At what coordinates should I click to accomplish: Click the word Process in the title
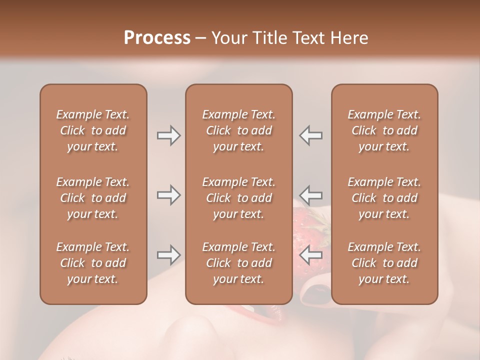pyautogui.click(x=157, y=38)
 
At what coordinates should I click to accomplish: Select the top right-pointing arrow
pyautogui.click(x=168, y=135)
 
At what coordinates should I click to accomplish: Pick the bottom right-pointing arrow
pyautogui.click(x=168, y=255)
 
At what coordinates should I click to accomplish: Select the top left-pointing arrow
pyautogui.click(x=311, y=135)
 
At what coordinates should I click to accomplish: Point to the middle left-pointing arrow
pyautogui.click(x=311, y=194)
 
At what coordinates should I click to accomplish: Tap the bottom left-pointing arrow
pyautogui.click(x=311, y=255)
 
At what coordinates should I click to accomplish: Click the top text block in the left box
pyautogui.click(x=93, y=130)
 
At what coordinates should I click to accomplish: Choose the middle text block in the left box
pyautogui.click(x=93, y=198)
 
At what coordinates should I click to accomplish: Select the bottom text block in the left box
pyautogui.click(x=93, y=263)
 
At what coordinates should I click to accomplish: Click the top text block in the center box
pyautogui.click(x=239, y=130)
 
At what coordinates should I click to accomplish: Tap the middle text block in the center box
pyautogui.click(x=239, y=198)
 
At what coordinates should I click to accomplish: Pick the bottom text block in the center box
pyautogui.click(x=239, y=263)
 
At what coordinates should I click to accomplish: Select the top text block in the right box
pyautogui.click(x=384, y=130)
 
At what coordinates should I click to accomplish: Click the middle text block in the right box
pyautogui.click(x=384, y=198)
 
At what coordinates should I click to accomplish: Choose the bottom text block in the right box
pyautogui.click(x=384, y=263)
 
